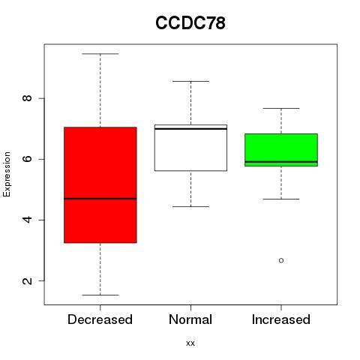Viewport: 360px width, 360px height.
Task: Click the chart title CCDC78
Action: [x=190, y=22]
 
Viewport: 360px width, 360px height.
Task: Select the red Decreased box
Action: [x=100, y=185]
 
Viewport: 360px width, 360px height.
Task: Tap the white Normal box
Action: [x=190, y=148]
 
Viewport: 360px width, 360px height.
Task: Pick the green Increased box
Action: [x=281, y=150]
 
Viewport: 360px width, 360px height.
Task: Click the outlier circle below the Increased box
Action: [x=281, y=260]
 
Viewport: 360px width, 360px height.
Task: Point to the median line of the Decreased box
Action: [x=100, y=199]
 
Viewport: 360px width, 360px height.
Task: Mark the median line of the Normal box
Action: [x=190, y=129]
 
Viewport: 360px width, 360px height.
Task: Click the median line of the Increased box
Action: [x=281, y=162]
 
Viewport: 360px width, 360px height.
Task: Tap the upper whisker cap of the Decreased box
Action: [x=100, y=54]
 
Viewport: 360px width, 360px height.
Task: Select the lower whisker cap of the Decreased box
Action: [x=100, y=295]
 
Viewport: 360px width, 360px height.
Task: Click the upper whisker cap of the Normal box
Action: [x=190, y=81]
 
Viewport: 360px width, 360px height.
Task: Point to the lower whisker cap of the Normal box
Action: [x=190, y=207]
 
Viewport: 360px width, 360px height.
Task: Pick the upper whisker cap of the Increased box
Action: [x=281, y=108]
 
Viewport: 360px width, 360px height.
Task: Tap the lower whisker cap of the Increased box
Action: [x=281, y=199]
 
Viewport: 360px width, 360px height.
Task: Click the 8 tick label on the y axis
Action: [x=27, y=98]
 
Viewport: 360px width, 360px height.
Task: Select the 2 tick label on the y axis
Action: [x=27, y=280]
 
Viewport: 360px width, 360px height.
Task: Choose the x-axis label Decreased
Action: [x=100, y=319]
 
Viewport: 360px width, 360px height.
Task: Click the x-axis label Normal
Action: [x=190, y=319]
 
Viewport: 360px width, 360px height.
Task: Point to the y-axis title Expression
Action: [x=7, y=174]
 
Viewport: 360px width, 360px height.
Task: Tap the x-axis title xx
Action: [x=190, y=343]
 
